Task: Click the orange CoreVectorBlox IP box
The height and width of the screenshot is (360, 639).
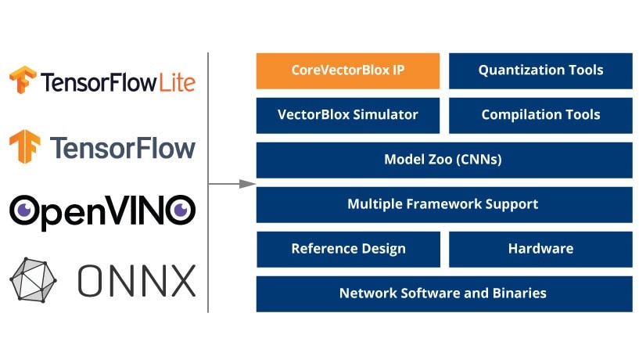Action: [347, 70]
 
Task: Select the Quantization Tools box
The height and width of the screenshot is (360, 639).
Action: [540, 70]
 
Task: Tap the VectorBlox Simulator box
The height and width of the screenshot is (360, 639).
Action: [347, 115]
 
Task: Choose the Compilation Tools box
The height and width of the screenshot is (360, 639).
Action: [540, 115]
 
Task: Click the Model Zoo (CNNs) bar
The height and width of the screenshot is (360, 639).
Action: [443, 160]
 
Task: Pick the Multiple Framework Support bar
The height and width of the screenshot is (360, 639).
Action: [443, 204]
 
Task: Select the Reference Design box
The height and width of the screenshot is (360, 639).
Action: [347, 249]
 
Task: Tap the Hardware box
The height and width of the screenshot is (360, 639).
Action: [540, 249]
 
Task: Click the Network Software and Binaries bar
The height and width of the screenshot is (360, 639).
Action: [443, 293]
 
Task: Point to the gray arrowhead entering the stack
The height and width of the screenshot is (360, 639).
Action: [248, 184]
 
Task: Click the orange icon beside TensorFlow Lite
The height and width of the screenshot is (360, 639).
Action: [21, 81]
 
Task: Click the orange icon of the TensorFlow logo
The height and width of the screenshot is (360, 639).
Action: [24, 147]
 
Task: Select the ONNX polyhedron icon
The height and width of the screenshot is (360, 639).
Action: [34, 279]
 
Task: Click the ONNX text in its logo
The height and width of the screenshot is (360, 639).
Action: [136, 279]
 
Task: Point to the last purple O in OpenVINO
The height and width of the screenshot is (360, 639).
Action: [180, 211]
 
